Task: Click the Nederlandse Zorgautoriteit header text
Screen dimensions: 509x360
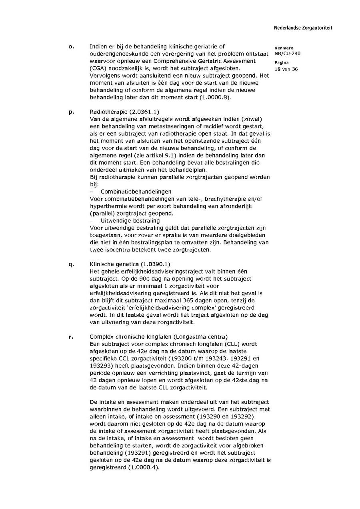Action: (x=303, y=28)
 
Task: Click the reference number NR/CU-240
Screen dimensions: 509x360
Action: (x=288, y=53)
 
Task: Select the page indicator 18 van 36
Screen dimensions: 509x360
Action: (x=286, y=69)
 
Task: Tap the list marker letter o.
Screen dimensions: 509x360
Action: (x=71, y=46)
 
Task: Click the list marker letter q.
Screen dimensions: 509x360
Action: (x=71, y=264)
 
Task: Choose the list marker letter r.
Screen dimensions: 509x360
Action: (x=71, y=337)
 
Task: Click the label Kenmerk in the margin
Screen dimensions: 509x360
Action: (x=284, y=48)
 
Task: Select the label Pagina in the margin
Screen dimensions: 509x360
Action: (x=282, y=63)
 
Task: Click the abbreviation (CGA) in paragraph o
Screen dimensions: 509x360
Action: (x=98, y=68)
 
